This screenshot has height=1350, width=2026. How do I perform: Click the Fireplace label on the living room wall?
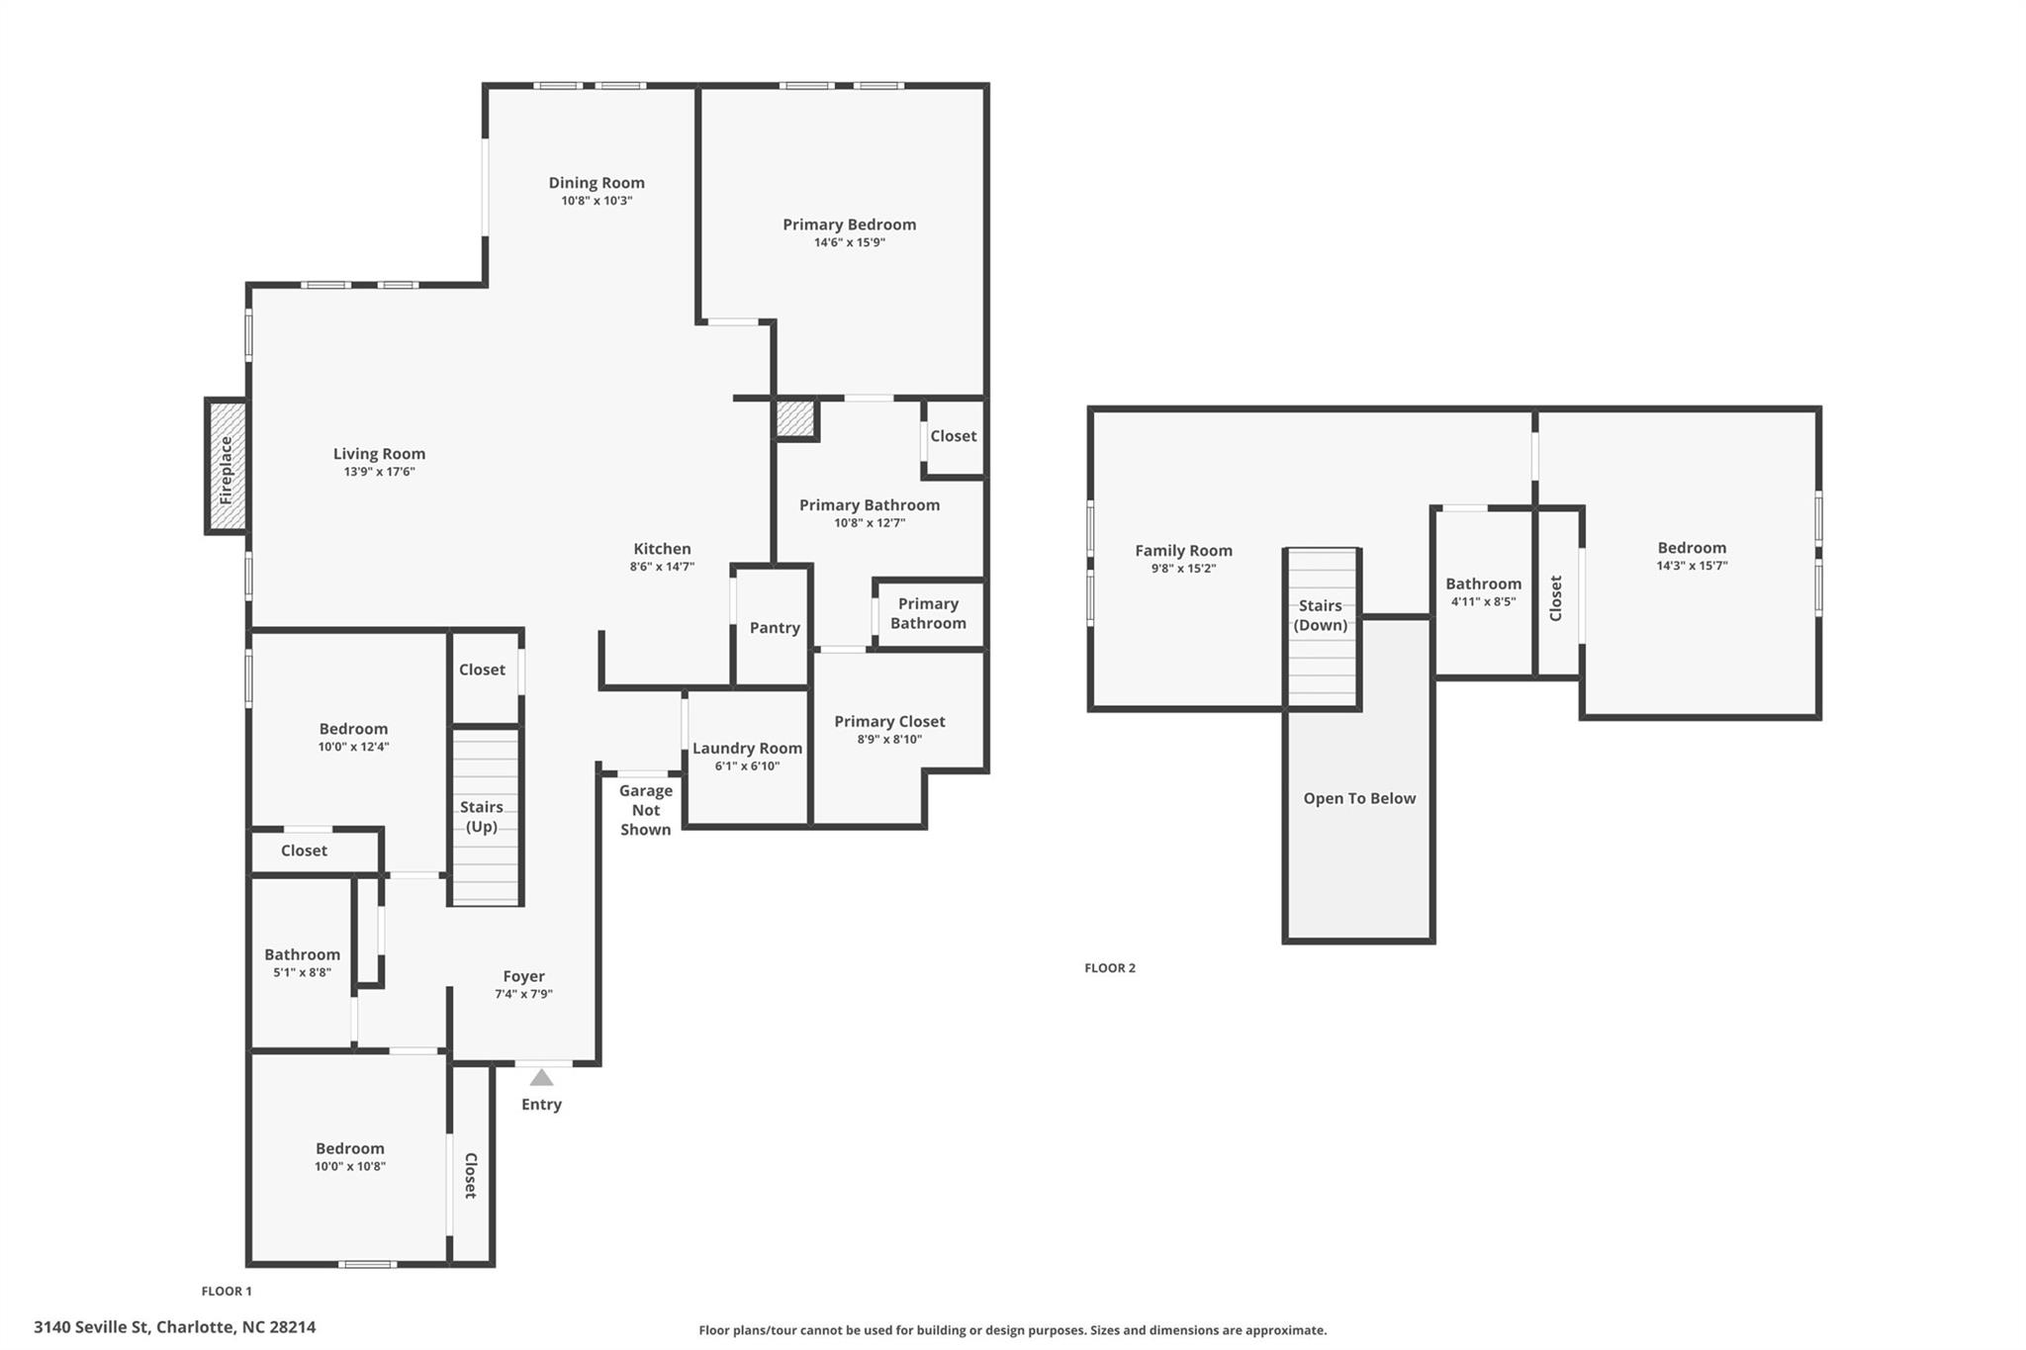(x=226, y=470)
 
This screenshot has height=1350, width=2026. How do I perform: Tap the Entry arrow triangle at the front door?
(x=541, y=1077)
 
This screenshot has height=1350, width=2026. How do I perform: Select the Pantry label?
(x=775, y=627)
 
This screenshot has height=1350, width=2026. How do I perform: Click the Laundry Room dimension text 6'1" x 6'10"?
(x=747, y=765)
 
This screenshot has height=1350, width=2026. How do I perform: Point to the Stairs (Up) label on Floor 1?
(x=482, y=817)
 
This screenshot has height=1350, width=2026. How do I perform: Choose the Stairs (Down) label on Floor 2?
(x=1321, y=615)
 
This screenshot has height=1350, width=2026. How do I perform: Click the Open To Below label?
(x=1359, y=798)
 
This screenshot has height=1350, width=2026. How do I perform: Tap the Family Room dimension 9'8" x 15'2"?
(x=1183, y=569)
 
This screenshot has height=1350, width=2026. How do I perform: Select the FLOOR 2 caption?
(x=1110, y=968)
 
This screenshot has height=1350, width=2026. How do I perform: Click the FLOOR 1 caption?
(x=227, y=1291)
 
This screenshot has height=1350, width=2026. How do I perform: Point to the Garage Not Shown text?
(x=646, y=810)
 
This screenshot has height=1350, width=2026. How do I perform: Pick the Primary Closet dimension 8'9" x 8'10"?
(x=889, y=739)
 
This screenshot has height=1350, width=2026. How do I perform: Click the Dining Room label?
(x=597, y=182)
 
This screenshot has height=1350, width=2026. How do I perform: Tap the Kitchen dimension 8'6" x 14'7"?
(x=662, y=567)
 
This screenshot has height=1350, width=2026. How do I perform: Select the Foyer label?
(x=523, y=976)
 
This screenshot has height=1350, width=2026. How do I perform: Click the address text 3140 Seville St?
(x=92, y=1327)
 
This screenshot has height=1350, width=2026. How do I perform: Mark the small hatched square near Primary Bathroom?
(x=794, y=418)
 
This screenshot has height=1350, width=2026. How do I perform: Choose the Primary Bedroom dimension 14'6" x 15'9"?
(x=850, y=242)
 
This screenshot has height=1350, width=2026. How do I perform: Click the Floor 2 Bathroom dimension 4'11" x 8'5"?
(x=1483, y=601)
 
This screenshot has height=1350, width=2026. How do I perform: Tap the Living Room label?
(x=379, y=454)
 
